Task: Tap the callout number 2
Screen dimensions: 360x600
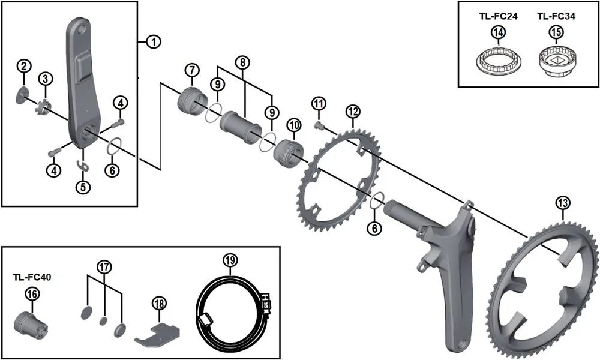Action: tap(23, 65)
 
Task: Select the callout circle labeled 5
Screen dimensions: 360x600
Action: tap(83, 187)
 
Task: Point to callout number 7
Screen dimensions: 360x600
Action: tap(191, 70)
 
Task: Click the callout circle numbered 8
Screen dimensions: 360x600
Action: tap(242, 61)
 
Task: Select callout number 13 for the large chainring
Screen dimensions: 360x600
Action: tap(562, 203)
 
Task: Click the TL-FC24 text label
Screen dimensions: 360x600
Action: tap(498, 17)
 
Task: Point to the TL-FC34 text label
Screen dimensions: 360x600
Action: tap(555, 17)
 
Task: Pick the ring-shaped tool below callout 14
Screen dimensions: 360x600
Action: tap(497, 62)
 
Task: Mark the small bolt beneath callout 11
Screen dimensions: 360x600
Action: tap(319, 124)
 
